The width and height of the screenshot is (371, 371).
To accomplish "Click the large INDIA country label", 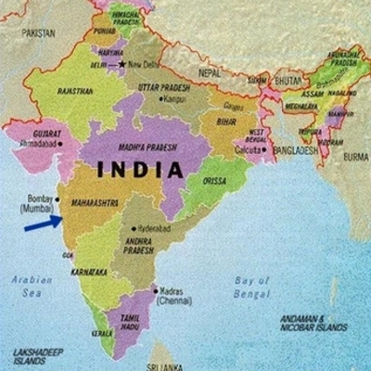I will (x=136, y=170).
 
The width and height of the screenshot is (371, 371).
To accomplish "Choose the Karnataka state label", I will (x=89, y=272).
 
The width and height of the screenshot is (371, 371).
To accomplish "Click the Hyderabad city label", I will (x=157, y=226).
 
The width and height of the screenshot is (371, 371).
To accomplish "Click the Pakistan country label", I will (x=39, y=32).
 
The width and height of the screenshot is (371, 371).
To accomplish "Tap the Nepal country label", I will (x=211, y=70).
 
